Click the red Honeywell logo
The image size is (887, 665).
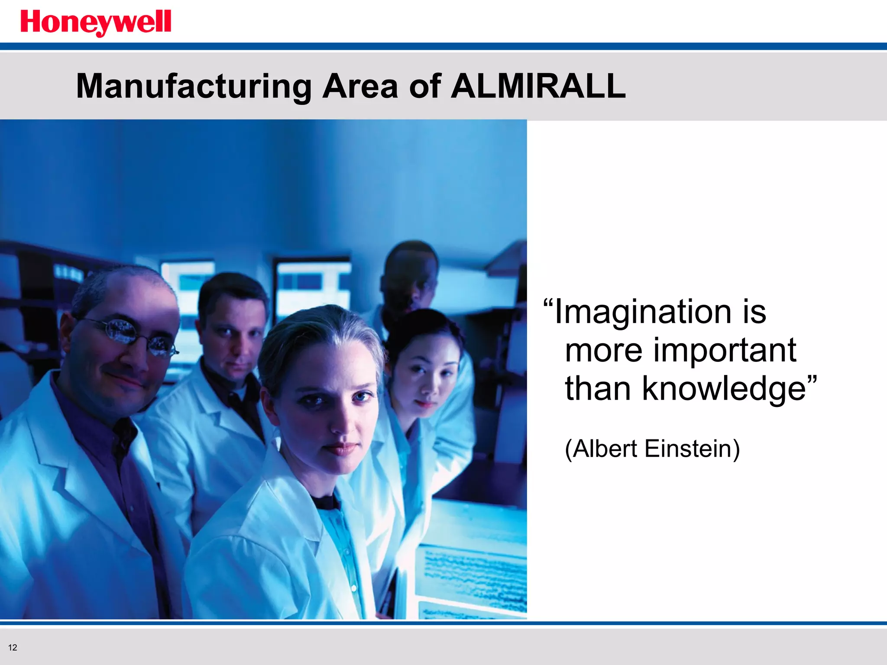point(96,23)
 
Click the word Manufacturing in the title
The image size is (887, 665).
point(194,86)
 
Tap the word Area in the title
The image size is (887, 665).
point(360,86)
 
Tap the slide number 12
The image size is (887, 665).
point(13,648)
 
